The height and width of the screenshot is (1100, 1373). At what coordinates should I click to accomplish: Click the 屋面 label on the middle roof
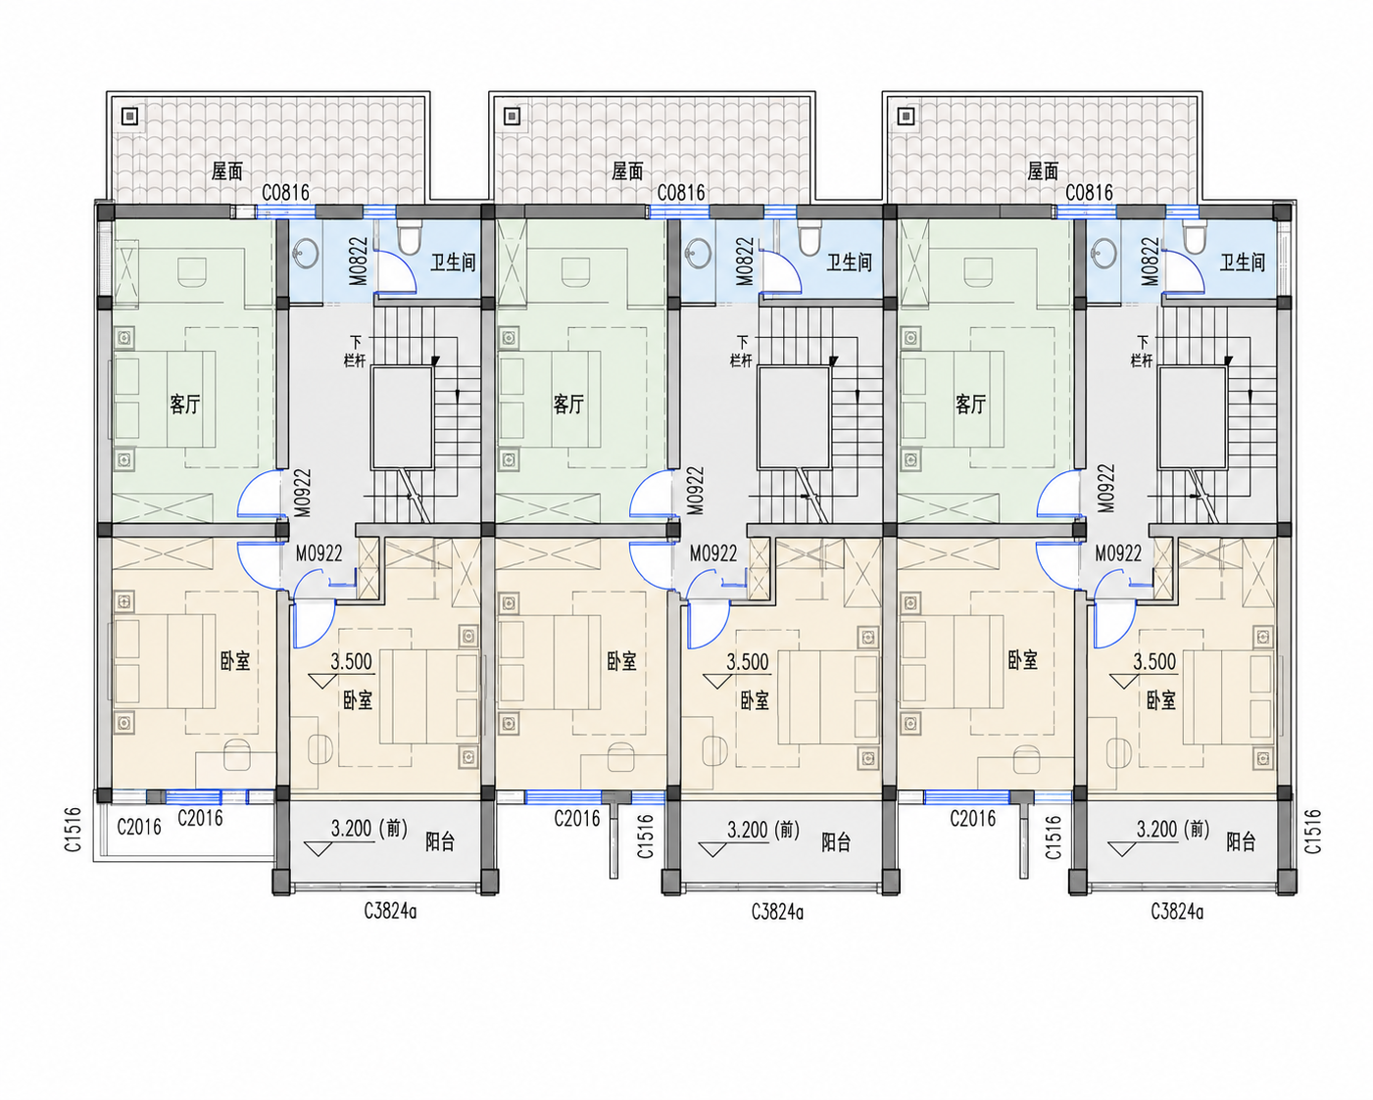[x=627, y=170]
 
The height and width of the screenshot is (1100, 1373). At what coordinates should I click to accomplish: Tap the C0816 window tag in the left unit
[x=286, y=193]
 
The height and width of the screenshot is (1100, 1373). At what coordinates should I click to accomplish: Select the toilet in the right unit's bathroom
[x=1193, y=239]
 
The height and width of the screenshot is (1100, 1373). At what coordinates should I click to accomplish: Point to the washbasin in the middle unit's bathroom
[x=699, y=253]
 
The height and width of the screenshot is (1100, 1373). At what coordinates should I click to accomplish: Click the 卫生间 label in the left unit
[x=453, y=263]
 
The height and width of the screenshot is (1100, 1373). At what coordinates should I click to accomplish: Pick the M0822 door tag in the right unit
[x=1150, y=262]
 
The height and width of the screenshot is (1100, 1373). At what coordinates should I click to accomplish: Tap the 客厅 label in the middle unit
[x=567, y=404]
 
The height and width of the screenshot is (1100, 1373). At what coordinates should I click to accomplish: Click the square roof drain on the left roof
[x=130, y=116]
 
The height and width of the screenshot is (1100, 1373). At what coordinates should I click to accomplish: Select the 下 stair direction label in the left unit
[x=356, y=343]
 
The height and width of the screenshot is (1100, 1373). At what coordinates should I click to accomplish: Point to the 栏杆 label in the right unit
[x=1142, y=360]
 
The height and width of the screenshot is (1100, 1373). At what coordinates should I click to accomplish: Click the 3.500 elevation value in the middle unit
[x=748, y=662]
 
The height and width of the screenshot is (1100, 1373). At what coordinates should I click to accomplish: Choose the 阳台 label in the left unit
[x=440, y=842]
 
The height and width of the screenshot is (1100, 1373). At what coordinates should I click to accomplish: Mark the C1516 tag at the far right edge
[x=1312, y=832]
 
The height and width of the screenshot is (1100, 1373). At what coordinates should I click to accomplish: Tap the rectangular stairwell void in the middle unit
[x=794, y=417]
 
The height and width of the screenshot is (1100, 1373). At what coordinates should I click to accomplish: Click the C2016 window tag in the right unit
[x=972, y=818]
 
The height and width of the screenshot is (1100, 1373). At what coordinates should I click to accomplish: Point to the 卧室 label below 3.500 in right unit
[x=1161, y=701]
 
